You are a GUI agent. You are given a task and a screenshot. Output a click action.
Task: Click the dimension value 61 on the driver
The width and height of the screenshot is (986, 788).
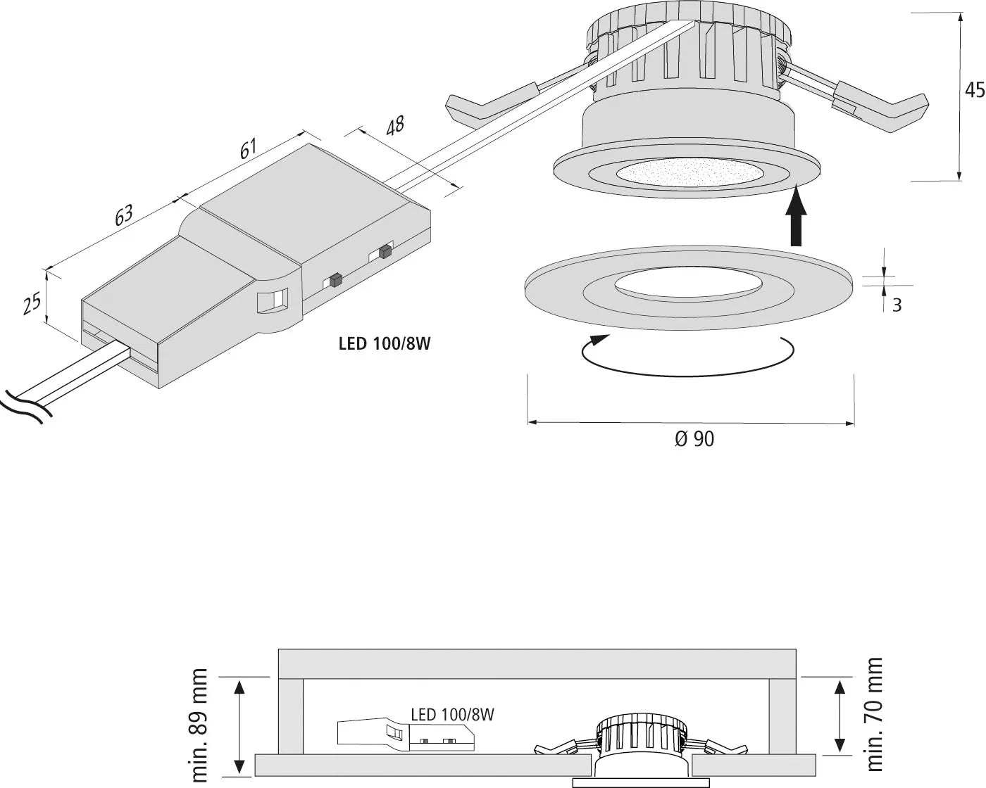pyautogui.click(x=249, y=149)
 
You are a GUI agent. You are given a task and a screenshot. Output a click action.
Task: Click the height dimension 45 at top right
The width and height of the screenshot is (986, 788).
pyautogui.click(x=974, y=90)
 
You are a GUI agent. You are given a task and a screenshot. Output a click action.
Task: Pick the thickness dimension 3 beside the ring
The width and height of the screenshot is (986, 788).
pyautogui.click(x=897, y=305)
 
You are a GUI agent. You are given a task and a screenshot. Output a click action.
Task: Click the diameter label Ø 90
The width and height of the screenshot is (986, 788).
pyautogui.click(x=694, y=439)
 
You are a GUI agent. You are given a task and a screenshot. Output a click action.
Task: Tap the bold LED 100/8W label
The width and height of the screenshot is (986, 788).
pyautogui.click(x=383, y=344)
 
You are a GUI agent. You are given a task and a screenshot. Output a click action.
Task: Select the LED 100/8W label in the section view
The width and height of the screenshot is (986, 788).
pyautogui.click(x=452, y=715)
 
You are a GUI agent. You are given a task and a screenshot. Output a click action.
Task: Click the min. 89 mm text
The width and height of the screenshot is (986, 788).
pyautogui.click(x=200, y=725)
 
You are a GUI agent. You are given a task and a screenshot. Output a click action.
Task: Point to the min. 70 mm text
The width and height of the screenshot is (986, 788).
pyautogui.click(x=875, y=713)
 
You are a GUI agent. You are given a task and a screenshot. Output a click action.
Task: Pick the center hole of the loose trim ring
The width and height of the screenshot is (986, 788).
pyautogui.click(x=688, y=284)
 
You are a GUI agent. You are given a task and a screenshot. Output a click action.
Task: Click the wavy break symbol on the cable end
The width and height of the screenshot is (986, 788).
pyautogui.click(x=21, y=407)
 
